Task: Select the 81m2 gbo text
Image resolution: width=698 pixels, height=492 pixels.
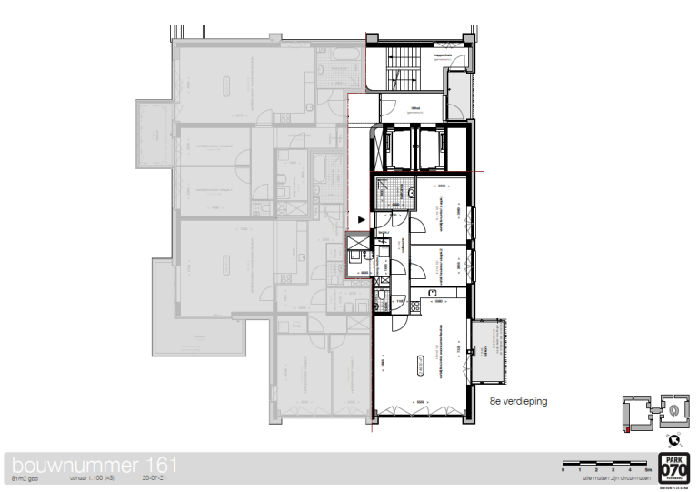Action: point(25,478)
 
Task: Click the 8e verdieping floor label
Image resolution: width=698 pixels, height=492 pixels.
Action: point(518,399)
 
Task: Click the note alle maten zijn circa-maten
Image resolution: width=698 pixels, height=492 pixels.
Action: point(612,478)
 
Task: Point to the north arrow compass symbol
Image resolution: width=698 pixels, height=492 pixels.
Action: point(673,438)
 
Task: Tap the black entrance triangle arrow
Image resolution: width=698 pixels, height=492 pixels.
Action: point(363,219)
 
